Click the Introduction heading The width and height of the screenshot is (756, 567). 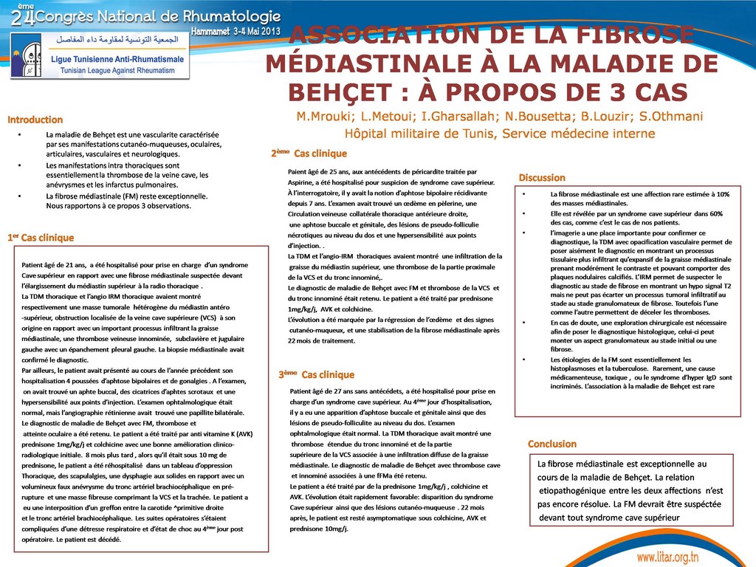35,119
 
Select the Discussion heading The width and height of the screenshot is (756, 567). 542,177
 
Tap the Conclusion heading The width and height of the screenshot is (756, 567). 551,444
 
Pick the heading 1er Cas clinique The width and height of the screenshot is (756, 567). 41,238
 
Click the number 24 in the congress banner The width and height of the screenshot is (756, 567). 22,16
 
